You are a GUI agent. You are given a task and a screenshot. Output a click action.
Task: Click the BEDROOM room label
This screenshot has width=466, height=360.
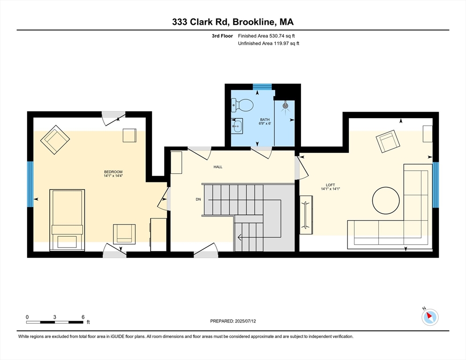tap(113, 172)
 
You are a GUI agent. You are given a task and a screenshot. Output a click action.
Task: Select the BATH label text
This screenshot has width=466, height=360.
tap(265, 120)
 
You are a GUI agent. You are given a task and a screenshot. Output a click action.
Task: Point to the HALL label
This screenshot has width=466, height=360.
tap(218, 167)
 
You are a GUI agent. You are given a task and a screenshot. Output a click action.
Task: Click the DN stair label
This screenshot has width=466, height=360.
tap(198, 199)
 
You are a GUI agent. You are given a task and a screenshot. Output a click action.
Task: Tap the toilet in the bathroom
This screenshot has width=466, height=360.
tap(242, 104)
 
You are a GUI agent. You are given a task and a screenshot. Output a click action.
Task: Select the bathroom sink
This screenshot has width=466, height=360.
tap(238, 125)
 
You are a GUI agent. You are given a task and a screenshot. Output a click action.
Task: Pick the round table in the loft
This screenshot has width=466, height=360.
tap(386, 201)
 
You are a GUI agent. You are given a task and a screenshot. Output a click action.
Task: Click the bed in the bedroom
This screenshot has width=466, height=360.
tap(67, 219)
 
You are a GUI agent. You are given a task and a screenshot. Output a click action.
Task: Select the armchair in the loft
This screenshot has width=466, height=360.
tap(387, 142)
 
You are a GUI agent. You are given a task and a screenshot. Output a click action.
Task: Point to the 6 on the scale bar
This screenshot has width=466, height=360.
tap(83, 317)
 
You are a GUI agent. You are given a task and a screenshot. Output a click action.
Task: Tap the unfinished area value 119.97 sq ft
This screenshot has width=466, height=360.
tap(269, 44)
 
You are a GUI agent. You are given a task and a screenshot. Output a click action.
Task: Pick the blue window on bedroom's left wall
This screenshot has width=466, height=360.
tap(30, 184)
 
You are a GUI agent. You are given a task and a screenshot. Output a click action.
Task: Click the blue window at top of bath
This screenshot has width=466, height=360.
tap(263, 86)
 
